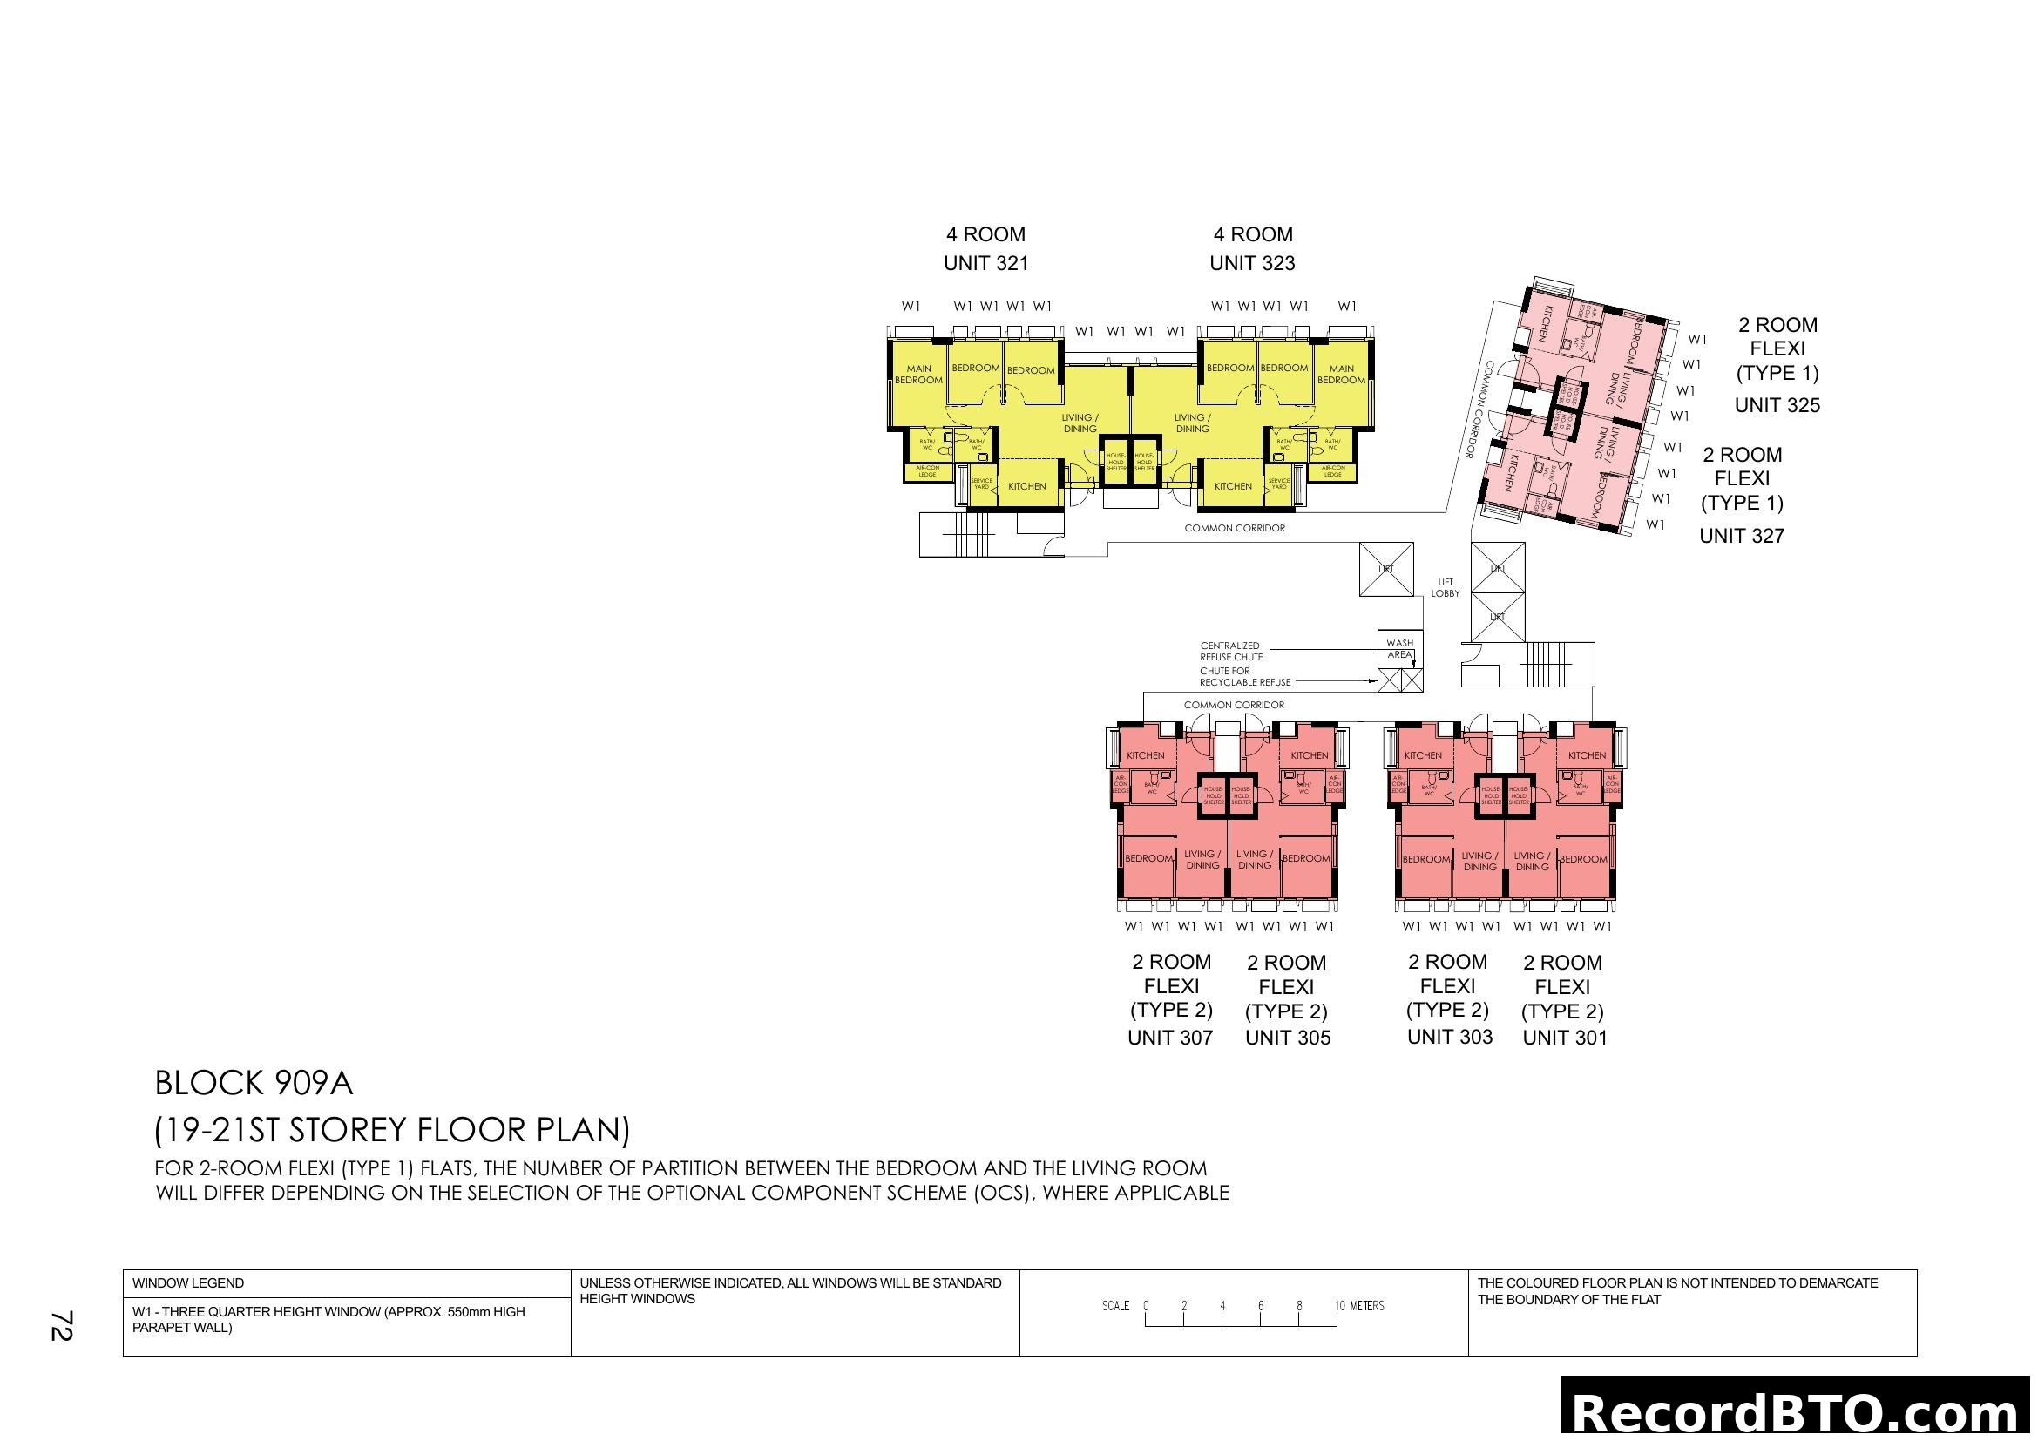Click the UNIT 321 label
(x=985, y=263)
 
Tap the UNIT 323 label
(x=1251, y=263)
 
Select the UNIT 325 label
(x=1777, y=405)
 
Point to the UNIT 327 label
(x=1742, y=536)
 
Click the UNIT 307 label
(x=1170, y=1038)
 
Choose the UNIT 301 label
(x=1565, y=1038)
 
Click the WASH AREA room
(x=1400, y=649)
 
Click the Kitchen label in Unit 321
(x=1027, y=486)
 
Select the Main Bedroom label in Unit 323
(x=1341, y=375)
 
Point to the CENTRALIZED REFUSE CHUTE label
(x=1231, y=652)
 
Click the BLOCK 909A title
(x=254, y=1084)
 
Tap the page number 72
(x=60, y=1326)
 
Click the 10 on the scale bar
(x=1339, y=1306)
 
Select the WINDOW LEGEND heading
(x=188, y=1283)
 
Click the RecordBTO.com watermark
(x=1798, y=1412)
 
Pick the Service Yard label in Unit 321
(x=981, y=484)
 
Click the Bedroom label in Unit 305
(x=1306, y=858)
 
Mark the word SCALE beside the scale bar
(x=1116, y=1306)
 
